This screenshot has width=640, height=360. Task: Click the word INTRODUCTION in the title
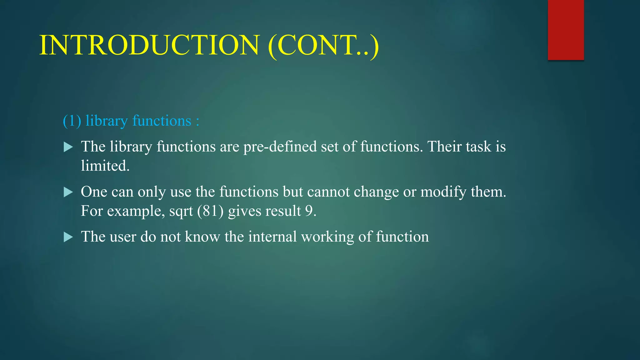coord(149,45)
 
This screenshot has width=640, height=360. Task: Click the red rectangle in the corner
coord(566,30)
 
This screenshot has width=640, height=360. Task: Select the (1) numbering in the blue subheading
coord(72,121)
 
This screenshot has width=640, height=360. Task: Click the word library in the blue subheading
coord(107,121)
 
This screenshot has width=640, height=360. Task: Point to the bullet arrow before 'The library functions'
coord(68,147)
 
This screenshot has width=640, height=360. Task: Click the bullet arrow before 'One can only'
coord(68,192)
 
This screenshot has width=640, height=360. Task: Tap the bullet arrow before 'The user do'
coord(68,237)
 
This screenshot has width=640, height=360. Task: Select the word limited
coord(105,166)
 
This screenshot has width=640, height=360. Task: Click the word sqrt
coord(181,212)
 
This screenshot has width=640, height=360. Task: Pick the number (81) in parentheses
coord(210,211)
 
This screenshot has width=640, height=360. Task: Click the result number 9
coord(309,211)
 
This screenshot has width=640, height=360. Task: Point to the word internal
coord(272,237)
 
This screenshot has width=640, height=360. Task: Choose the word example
coord(136,212)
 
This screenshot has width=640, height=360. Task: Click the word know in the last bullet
coord(202,237)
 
